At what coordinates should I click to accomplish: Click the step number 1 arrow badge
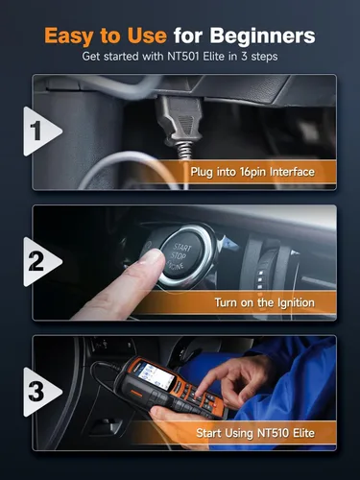[42, 132]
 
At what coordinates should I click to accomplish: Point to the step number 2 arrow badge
[42, 262]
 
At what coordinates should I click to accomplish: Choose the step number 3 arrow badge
[42, 392]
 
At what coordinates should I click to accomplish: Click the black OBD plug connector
[181, 119]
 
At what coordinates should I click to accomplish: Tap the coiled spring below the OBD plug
[185, 151]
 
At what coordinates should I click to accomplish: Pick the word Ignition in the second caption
[295, 302]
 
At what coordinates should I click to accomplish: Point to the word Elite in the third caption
[304, 433]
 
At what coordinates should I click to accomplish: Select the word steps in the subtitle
[264, 57]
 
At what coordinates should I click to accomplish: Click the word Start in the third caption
[208, 433]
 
